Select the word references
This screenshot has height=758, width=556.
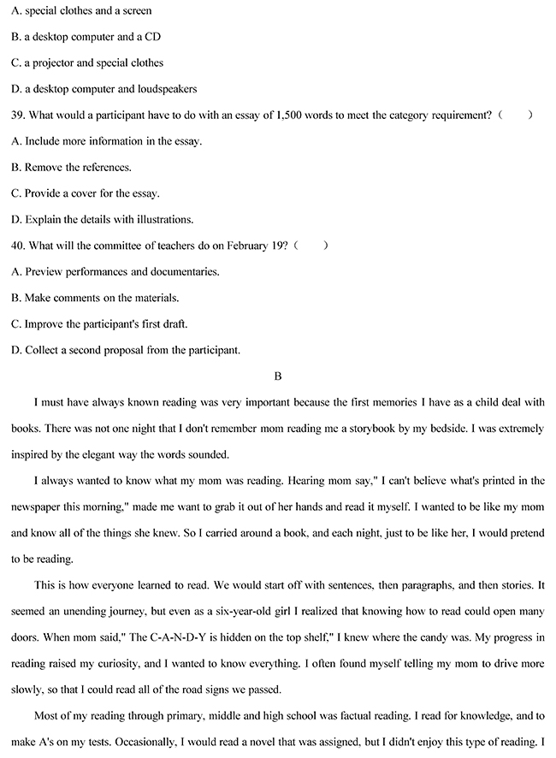click(x=104, y=167)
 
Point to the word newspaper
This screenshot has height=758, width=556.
click(x=37, y=506)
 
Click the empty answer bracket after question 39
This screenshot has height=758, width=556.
click(x=518, y=115)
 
